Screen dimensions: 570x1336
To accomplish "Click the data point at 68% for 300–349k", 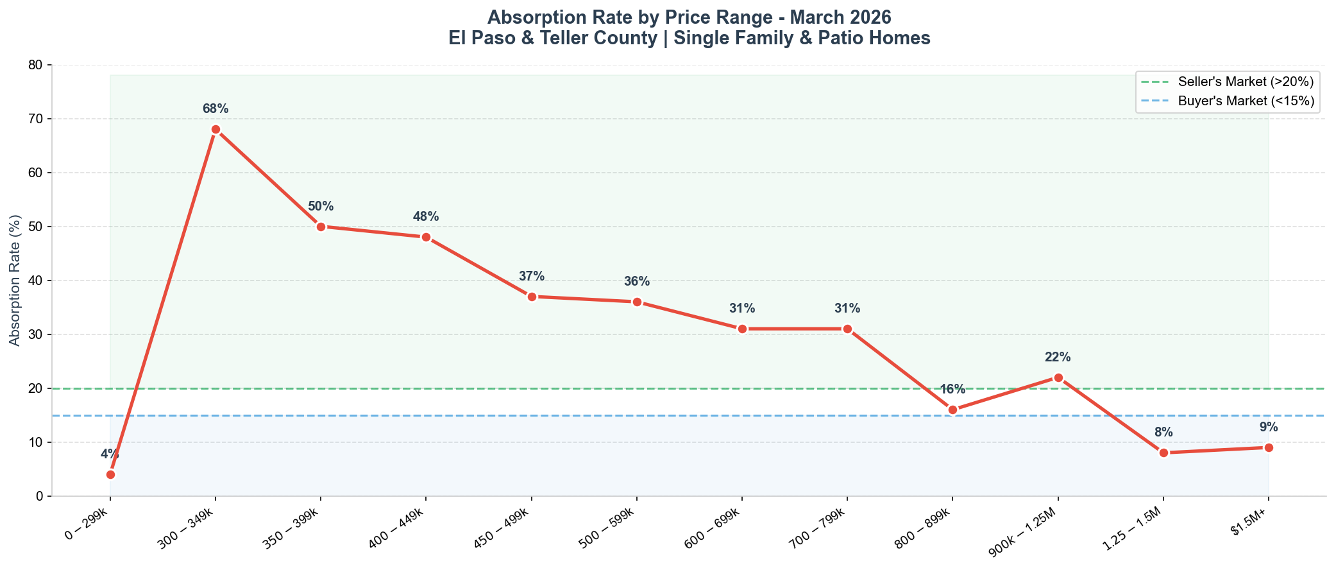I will click(216, 129).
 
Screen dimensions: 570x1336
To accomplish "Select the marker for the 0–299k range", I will click(110, 474).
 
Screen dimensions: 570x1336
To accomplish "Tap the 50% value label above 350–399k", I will click(321, 207).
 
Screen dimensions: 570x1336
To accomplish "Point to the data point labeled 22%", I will click(1058, 377).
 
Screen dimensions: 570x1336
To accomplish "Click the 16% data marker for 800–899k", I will click(952, 410).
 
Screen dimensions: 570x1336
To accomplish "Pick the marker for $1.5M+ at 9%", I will click(1269, 447).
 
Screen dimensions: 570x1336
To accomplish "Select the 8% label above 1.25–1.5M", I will click(1163, 433).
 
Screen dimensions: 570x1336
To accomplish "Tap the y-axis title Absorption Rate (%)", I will click(15, 281).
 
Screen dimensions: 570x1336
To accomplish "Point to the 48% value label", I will click(426, 217).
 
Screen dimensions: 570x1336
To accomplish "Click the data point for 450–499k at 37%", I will click(532, 297).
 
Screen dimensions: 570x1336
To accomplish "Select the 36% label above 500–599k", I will click(637, 282).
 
